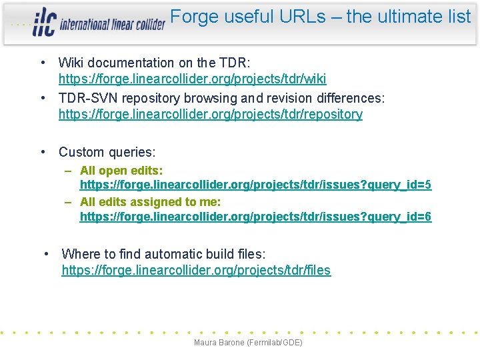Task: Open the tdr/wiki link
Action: [192, 79]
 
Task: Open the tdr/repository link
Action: [210, 114]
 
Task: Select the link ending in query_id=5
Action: [255, 185]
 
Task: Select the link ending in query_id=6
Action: [255, 217]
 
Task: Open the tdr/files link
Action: [196, 270]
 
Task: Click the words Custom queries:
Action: [107, 152]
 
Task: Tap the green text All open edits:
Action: [121, 171]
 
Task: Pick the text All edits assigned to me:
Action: [150, 201]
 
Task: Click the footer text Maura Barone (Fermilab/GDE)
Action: [248, 343]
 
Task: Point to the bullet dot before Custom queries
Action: [43, 152]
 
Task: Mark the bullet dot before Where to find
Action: [46, 254]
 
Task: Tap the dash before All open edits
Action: [69, 171]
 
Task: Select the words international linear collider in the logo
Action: [112, 25]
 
